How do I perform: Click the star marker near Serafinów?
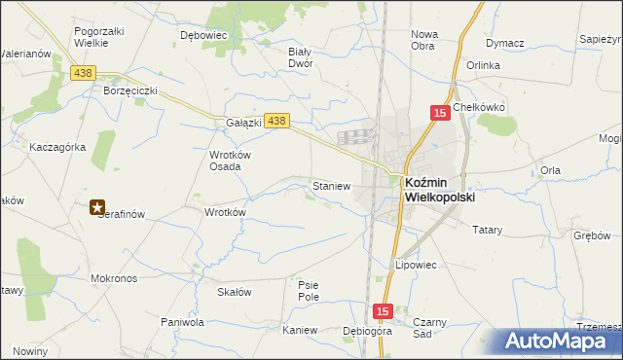click(97, 206)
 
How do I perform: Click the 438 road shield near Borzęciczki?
click(83, 73)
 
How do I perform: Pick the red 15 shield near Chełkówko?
click(440, 114)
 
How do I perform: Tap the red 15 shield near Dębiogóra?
click(381, 311)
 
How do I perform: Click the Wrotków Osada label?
click(231, 160)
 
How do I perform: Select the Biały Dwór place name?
click(300, 56)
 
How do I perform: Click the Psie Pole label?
click(308, 290)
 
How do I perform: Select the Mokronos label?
click(114, 277)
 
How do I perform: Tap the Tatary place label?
click(487, 230)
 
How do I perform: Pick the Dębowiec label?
click(203, 34)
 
